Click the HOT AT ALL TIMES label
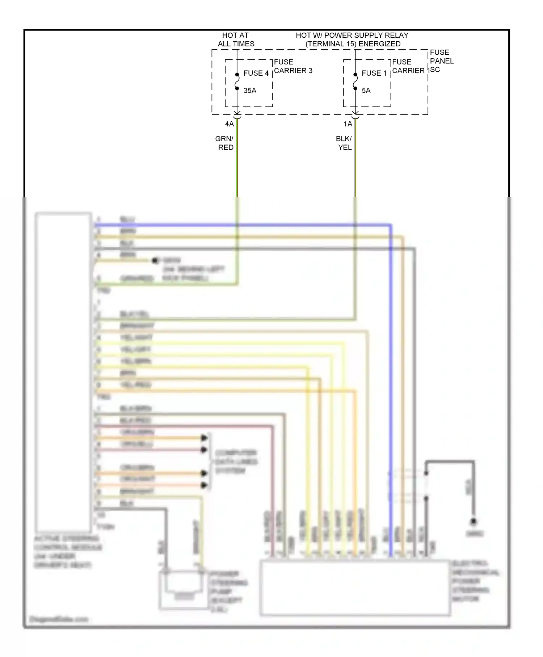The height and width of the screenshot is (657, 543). point(236,39)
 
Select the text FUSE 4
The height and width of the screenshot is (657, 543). point(256,73)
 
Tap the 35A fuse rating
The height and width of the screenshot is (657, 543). point(250,91)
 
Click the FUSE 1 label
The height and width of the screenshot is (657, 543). point(374,73)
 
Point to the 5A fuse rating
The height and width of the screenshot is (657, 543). point(366,91)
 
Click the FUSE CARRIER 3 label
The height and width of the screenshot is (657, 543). point(293,66)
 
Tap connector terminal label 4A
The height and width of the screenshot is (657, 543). point(229,124)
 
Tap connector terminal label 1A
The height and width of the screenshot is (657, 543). point(348,124)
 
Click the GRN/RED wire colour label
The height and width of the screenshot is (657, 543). point(225,143)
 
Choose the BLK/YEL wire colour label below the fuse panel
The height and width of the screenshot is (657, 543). point(344,143)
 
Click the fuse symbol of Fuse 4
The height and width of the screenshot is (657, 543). point(237,81)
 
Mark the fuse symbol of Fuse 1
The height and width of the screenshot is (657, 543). point(355,81)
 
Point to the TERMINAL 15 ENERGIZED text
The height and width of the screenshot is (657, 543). point(353,44)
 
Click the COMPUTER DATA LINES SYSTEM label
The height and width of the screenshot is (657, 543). point(236,462)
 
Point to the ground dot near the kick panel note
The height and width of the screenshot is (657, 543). point(155,260)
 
